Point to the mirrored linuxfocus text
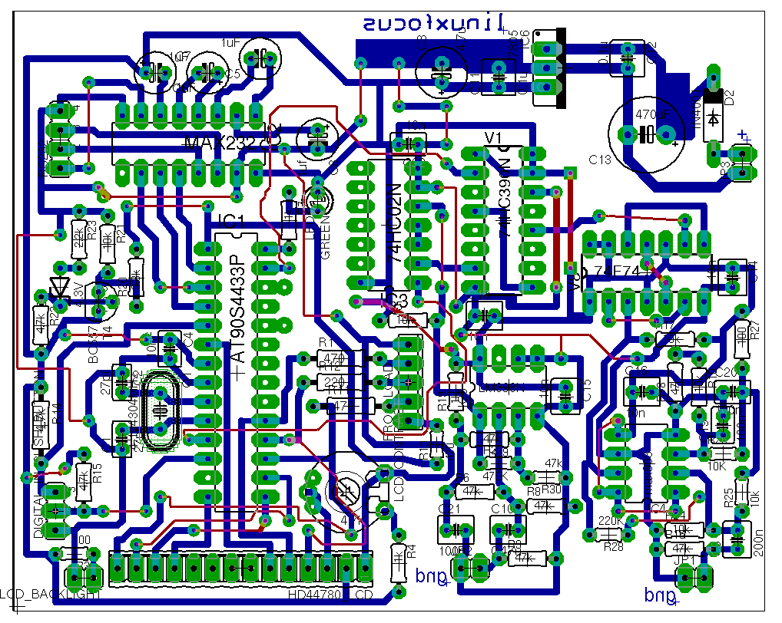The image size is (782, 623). pyautogui.click(x=434, y=23)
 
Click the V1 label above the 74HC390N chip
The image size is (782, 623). pyautogui.click(x=494, y=137)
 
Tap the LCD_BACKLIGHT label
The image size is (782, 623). pyautogui.click(x=51, y=594)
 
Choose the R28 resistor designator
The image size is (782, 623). pyautogui.click(x=613, y=546)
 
